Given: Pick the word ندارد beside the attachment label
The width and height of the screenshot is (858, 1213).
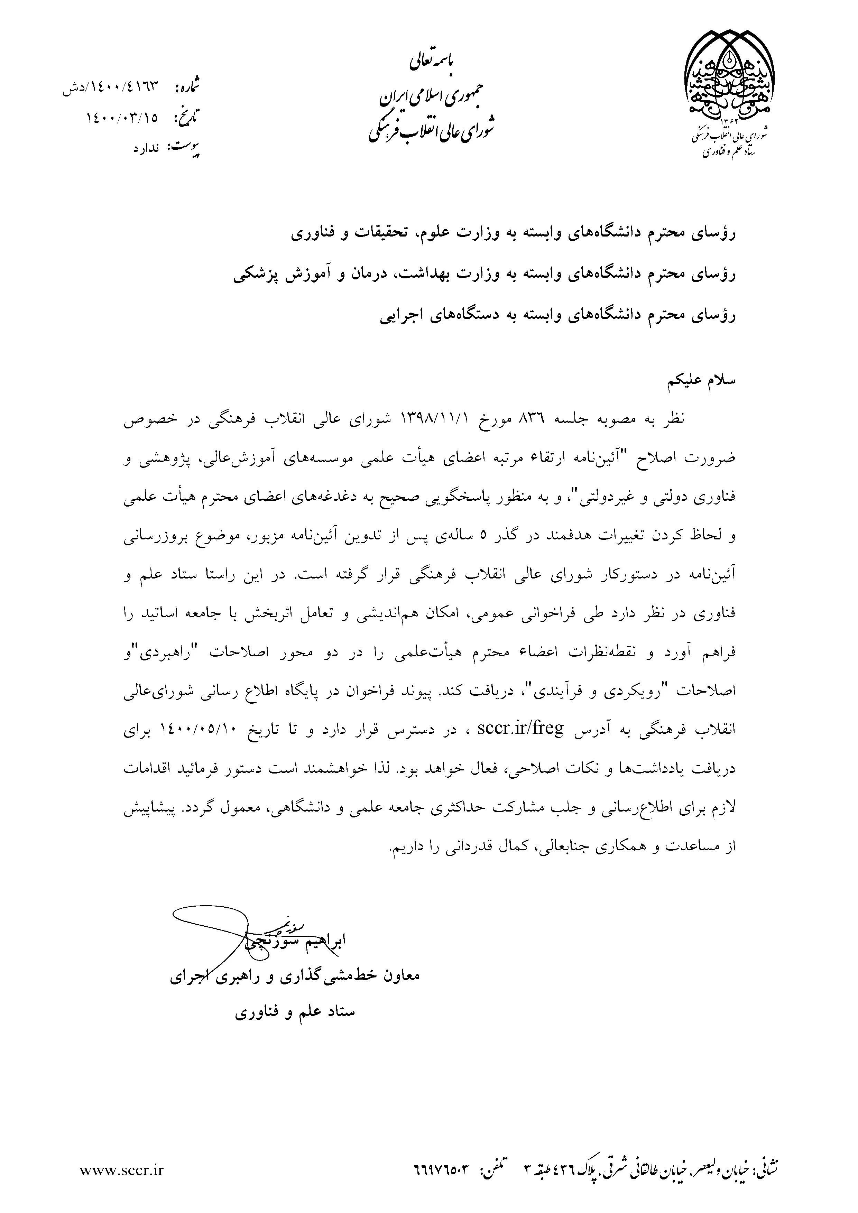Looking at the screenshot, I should tap(145, 148).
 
